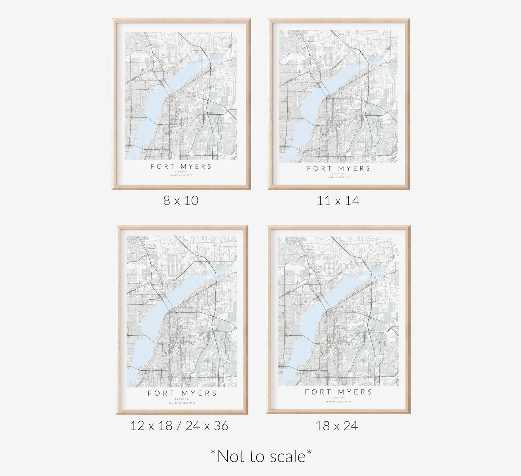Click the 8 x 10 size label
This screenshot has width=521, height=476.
point(181,200)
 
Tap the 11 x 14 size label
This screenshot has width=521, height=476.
point(338,200)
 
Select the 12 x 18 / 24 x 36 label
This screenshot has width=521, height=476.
point(179,426)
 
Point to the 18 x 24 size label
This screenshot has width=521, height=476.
point(336,426)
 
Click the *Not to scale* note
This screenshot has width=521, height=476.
point(261,456)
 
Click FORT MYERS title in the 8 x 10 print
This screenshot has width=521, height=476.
point(181,166)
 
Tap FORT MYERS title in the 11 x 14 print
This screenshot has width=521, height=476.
point(339,168)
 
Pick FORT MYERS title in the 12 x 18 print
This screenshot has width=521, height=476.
point(182,393)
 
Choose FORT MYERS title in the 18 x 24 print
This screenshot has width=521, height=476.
point(338,392)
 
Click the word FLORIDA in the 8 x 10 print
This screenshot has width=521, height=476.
point(181,172)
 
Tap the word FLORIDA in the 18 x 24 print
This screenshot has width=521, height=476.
point(338,398)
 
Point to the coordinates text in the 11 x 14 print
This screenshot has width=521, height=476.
point(339,177)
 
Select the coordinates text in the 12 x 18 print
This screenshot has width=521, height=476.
point(182,403)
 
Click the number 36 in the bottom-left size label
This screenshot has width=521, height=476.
point(221,426)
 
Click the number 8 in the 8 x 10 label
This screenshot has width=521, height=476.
point(167,200)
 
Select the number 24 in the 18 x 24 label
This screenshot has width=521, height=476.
point(350,426)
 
